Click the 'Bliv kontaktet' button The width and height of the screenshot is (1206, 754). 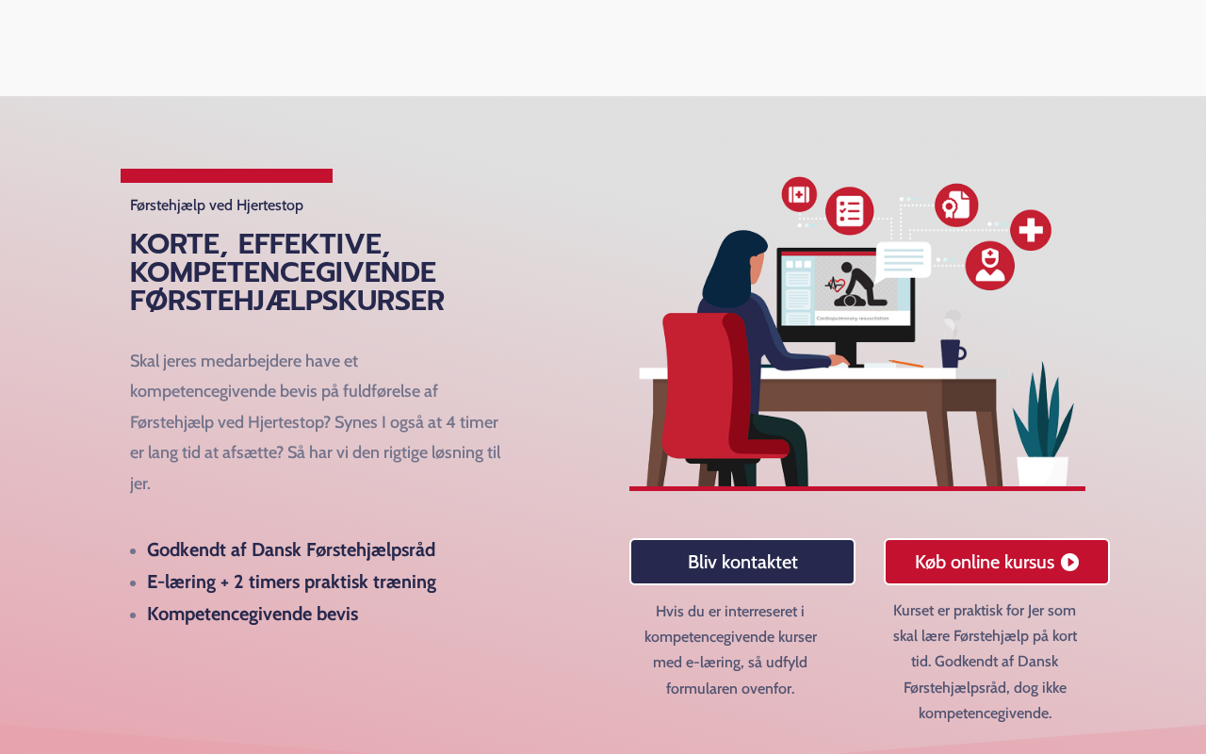coord(742,562)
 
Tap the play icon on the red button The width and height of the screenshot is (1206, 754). coord(1069,563)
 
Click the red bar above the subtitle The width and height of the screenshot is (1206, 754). coord(226,175)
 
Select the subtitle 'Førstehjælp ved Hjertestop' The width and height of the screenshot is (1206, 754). coord(217,205)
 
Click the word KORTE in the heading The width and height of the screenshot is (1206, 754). coord(175,244)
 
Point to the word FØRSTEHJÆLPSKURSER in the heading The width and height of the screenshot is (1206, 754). coord(287,301)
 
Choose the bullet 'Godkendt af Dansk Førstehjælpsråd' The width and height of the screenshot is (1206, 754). coord(291,549)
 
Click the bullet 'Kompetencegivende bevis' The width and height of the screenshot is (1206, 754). coord(253,614)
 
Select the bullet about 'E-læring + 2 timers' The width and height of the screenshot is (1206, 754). coord(291,582)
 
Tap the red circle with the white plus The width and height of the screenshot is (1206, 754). coord(1031,230)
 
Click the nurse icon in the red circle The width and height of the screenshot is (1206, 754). coord(989,266)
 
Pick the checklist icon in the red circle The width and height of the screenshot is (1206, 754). coord(850,210)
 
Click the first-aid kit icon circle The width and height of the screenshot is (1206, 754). coord(799,194)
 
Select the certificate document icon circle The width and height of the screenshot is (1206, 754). coord(956,205)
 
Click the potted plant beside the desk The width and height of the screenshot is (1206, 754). coord(1043,425)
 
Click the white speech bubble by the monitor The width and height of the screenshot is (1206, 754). coord(903,261)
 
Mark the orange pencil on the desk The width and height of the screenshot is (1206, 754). coord(905,364)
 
